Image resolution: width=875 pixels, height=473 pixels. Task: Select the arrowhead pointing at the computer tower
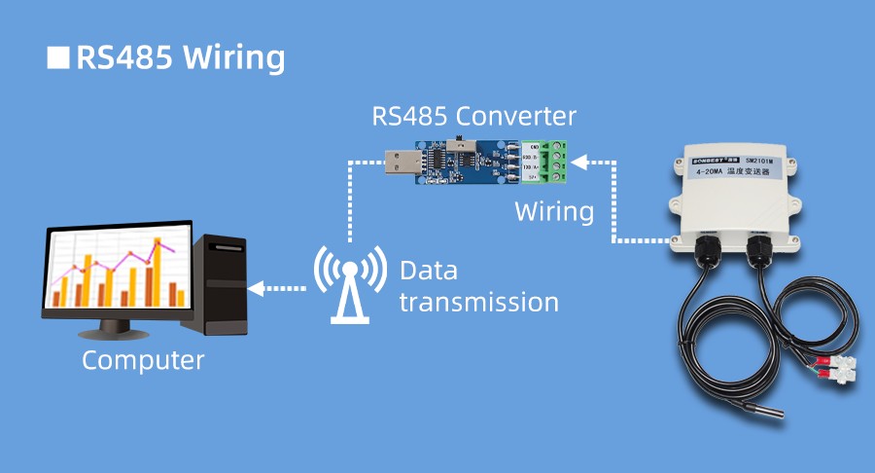pos(256,288)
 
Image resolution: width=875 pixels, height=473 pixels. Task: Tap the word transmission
pos(479,302)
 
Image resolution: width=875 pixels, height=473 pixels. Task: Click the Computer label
pos(143,360)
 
